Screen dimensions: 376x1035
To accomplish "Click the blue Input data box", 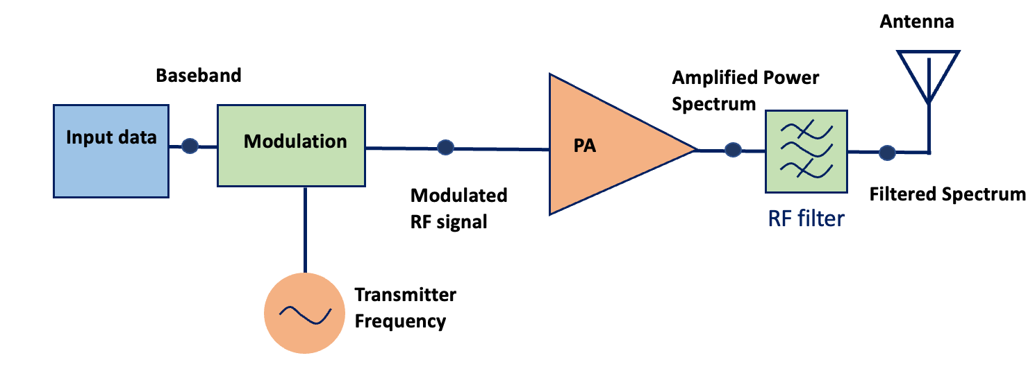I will tap(110, 151).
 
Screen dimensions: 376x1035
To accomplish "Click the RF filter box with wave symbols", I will tap(806, 151).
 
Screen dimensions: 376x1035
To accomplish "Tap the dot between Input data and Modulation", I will tap(190, 146).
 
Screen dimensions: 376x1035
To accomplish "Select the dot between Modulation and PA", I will tap(446, 147).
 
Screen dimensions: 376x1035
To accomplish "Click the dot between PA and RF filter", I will tap(731, 149).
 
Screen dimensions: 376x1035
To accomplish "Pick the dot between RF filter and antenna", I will tap(886, 151).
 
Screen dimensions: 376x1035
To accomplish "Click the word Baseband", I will tap(199, 75).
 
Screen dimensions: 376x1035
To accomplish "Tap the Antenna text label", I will tap(917, 22).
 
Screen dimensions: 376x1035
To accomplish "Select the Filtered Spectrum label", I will tap(947, 194).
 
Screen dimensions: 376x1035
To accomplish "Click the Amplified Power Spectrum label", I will tap(745, 90).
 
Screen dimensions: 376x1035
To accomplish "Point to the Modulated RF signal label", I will tap(458, 208).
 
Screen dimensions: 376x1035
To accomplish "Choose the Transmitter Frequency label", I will tap(405, 308).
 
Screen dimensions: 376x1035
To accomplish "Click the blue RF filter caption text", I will tap(806, 219).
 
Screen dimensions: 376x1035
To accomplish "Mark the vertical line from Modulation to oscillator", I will tap(305, 229).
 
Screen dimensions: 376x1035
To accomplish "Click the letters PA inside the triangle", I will tap(585, 147).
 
